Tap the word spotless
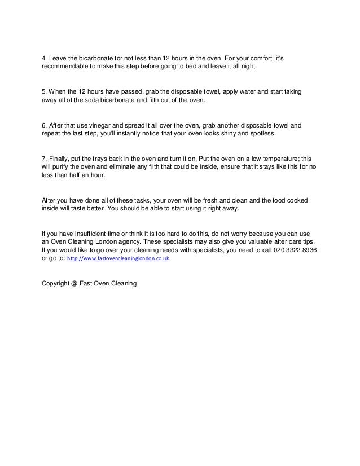click(x=260, y=134)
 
